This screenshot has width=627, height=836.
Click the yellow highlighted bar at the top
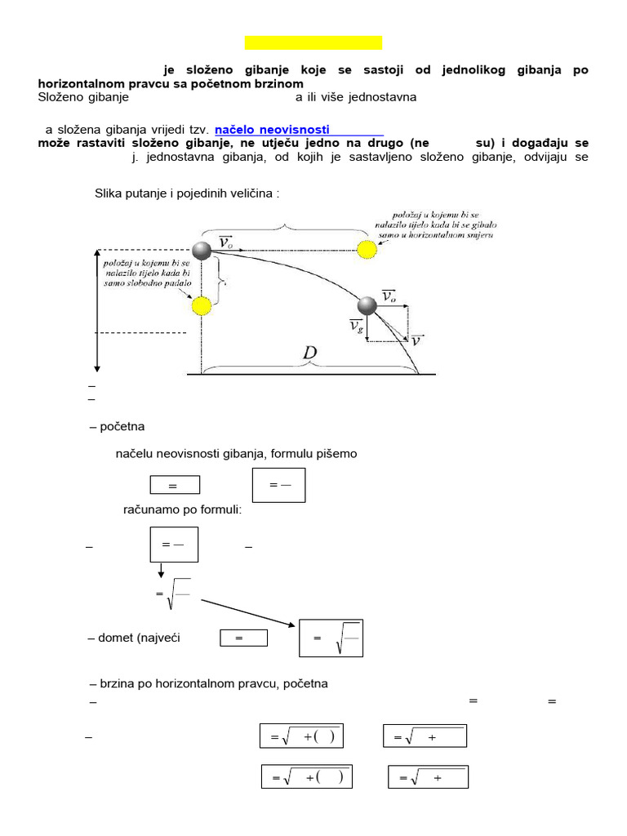pos(313,42)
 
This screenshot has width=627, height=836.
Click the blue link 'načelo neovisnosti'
pos(272,129)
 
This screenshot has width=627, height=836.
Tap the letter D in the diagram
pos(310,354)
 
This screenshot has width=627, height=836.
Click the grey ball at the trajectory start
pos(202,249)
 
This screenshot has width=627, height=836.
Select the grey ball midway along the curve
pos(367,305)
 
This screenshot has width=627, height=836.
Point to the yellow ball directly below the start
pos(201,306)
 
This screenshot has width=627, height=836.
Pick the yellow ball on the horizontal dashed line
pos(367,247)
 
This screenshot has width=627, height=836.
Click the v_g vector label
pos(356,327)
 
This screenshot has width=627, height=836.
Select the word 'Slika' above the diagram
pos(110,193)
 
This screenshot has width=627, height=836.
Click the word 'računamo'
pos(150,509)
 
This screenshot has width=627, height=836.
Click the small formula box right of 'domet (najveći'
pos(243,638)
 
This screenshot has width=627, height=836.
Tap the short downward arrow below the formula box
pos(161,571)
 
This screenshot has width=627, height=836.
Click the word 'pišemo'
pos(337,453)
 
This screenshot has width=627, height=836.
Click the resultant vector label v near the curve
pos(416,340)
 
